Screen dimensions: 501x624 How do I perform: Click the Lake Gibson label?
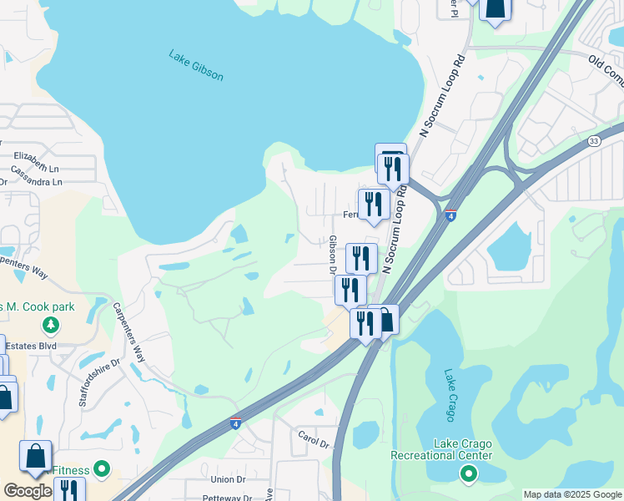click(196, 66)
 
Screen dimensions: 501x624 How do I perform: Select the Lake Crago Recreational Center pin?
click(468, 475)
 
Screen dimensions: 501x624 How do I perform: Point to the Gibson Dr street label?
click(332, 255)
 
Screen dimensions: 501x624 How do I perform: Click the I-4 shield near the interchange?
click(450, 215)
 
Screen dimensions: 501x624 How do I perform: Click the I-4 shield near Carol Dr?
click(236, 424)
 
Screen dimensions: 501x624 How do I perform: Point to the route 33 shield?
click(593, 140)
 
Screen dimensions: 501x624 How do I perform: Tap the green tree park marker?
click(51, 324)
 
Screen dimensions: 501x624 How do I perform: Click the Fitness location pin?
click(102, 469)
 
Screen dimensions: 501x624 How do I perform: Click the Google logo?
click(28, 492)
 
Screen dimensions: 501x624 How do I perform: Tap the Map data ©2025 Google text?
click(571, 495)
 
